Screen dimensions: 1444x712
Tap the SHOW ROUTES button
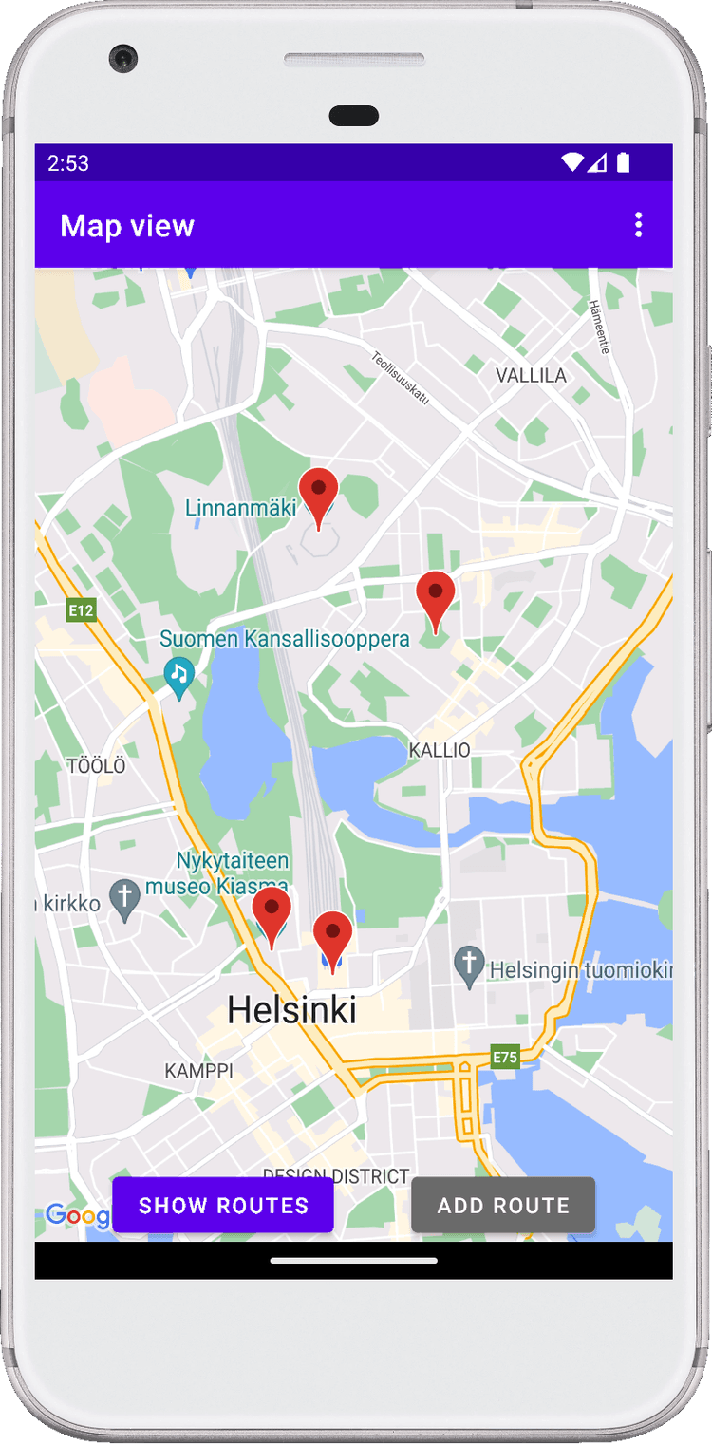223,1205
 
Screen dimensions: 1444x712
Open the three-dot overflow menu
638,225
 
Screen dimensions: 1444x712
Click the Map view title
127,226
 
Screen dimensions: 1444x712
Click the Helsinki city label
291,1010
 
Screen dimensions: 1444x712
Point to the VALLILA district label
531,376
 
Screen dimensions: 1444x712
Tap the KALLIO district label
440,750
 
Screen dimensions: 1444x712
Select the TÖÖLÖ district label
96,765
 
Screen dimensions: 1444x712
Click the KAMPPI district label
198,1071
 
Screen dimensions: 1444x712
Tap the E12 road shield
81,610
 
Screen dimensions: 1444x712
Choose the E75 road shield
505,1057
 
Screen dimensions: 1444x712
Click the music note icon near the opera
178,674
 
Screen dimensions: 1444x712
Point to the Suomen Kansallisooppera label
285,640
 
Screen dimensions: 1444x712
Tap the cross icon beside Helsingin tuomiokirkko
469,966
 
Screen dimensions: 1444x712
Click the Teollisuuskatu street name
401,378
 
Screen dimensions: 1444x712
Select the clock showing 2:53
68,163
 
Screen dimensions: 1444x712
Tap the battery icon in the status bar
623,163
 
